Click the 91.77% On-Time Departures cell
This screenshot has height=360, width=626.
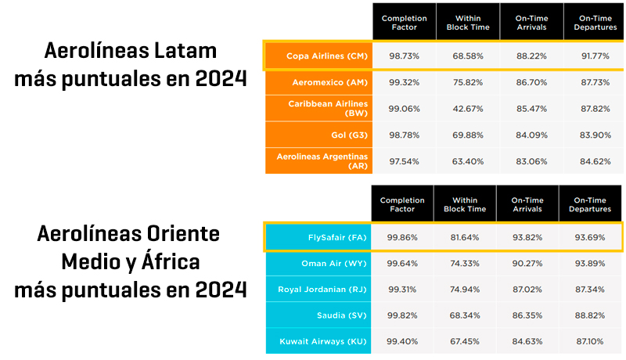click(595, 56)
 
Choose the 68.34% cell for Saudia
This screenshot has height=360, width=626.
click(464, 315)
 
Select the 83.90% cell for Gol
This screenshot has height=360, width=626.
click(595, 134)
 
